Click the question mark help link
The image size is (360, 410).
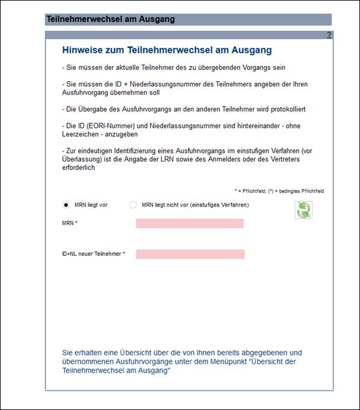click(x=329, y=36)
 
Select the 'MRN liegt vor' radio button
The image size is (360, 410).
click(x=66, y=205)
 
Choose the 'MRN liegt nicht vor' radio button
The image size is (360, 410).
click(x=133, y=205)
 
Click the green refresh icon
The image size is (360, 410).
click(x=304, y=210)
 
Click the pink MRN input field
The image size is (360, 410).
click(x=190, y=223)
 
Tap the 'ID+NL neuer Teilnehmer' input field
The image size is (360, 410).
click(x=190, y=254)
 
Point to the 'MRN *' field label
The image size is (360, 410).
click(x=70, y=223)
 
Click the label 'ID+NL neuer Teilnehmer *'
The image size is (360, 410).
click(x=93, y=254)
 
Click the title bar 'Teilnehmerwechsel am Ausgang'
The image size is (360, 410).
click(x=111, y=19)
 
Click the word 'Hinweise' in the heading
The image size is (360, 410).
click(x=82, y=50)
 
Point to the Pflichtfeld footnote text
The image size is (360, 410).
click(x=279, y=191)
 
